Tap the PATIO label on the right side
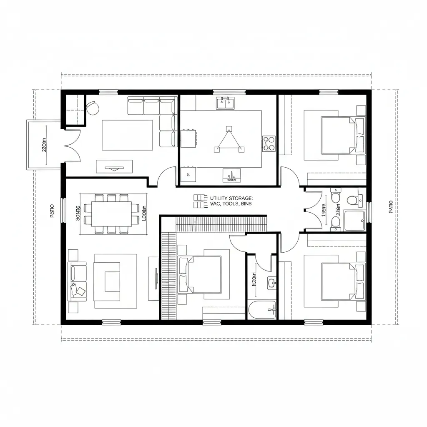[x=390, y=207]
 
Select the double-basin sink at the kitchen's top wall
[x=226, y=103]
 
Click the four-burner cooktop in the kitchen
[x=269, y=143]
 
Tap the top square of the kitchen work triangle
[x=228, y=128]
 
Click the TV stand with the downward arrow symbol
[x=114, y=166]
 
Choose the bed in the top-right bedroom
[x=339, y=135]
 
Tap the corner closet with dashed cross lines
[x=73, y=109]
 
